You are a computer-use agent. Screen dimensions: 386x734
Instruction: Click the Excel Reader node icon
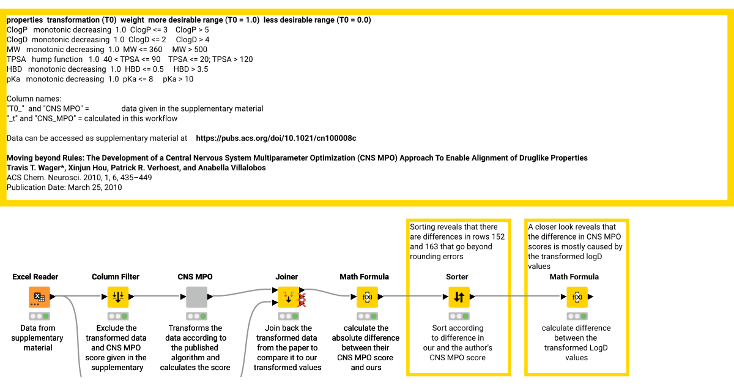tap(39, 297)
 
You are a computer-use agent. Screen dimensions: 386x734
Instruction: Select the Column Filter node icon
tap(118, 297)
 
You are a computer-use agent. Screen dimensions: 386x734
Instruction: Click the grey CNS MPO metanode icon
tap(196, 297)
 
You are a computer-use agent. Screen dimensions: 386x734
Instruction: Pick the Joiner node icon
tap(288, 297)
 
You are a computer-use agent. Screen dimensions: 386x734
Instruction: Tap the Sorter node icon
tap(458, 297)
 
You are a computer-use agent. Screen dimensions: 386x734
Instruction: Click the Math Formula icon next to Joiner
tap(368, 297)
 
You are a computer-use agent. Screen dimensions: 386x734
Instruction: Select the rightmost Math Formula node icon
tap(576, 297)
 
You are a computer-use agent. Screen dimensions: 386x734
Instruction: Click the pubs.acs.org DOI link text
tap(276, 138)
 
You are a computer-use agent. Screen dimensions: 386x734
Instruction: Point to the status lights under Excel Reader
tap(39, 316)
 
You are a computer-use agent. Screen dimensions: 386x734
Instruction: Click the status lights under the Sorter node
tap(458, 316)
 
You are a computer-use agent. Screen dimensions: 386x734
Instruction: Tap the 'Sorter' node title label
tap(458, 277)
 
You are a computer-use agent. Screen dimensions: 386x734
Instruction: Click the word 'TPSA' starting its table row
tap(17, 59)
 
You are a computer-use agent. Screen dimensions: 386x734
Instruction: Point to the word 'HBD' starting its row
tap(14, 69)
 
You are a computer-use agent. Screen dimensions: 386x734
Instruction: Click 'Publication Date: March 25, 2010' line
tap(64, 187)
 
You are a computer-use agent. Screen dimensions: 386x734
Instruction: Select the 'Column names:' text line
tap(34, 99)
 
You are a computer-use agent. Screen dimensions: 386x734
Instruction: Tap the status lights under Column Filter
tap(118, 316)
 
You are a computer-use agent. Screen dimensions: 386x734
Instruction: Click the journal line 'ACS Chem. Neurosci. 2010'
tap(79, 178)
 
